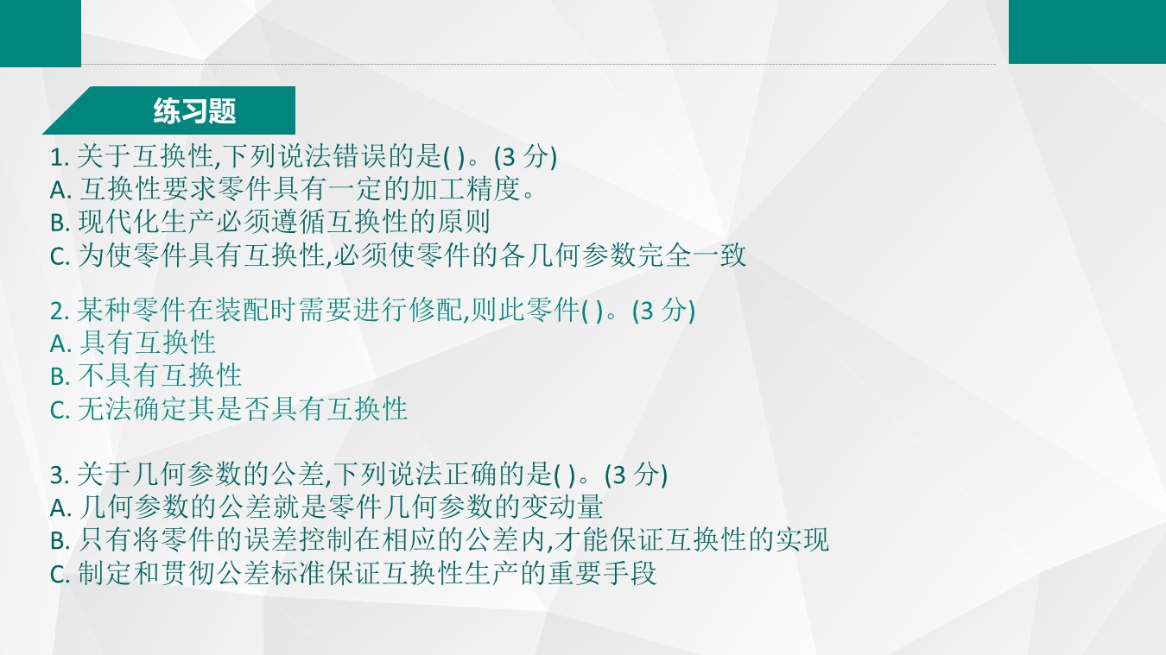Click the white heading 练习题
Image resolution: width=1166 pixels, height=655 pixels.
(194, 110)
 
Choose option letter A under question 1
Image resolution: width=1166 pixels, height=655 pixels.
(60, 190)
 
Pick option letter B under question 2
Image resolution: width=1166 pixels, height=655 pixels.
(60, 376)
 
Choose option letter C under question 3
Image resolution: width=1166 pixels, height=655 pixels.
(60, 575)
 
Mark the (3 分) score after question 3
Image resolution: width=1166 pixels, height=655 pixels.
(636, 475)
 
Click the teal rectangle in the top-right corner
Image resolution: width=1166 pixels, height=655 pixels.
(1087, 32)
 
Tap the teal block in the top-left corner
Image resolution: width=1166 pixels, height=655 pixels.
(41, 34)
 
